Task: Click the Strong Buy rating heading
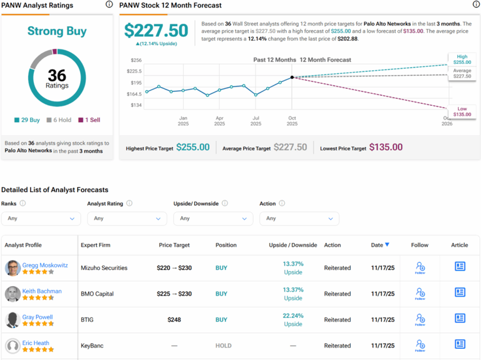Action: tap(56, 31)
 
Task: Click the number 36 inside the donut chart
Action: tap(56, 76)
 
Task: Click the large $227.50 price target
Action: tap(156, 31)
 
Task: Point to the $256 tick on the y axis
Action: tap(136, 60)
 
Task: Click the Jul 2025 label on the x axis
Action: tap(256, 120)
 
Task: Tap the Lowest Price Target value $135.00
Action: tap(386, 147)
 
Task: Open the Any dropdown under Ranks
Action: tap(41, 219)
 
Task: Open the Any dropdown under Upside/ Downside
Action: tap(213, 219)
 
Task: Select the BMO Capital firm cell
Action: tap(97, 294)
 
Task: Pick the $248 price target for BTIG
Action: tap(174, 319)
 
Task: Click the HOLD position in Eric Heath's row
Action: tap(223, 346)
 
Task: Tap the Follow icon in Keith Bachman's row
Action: tap(420, 293)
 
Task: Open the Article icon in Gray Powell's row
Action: tap(460, 319)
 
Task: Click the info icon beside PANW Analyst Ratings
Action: tap(109, 5)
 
